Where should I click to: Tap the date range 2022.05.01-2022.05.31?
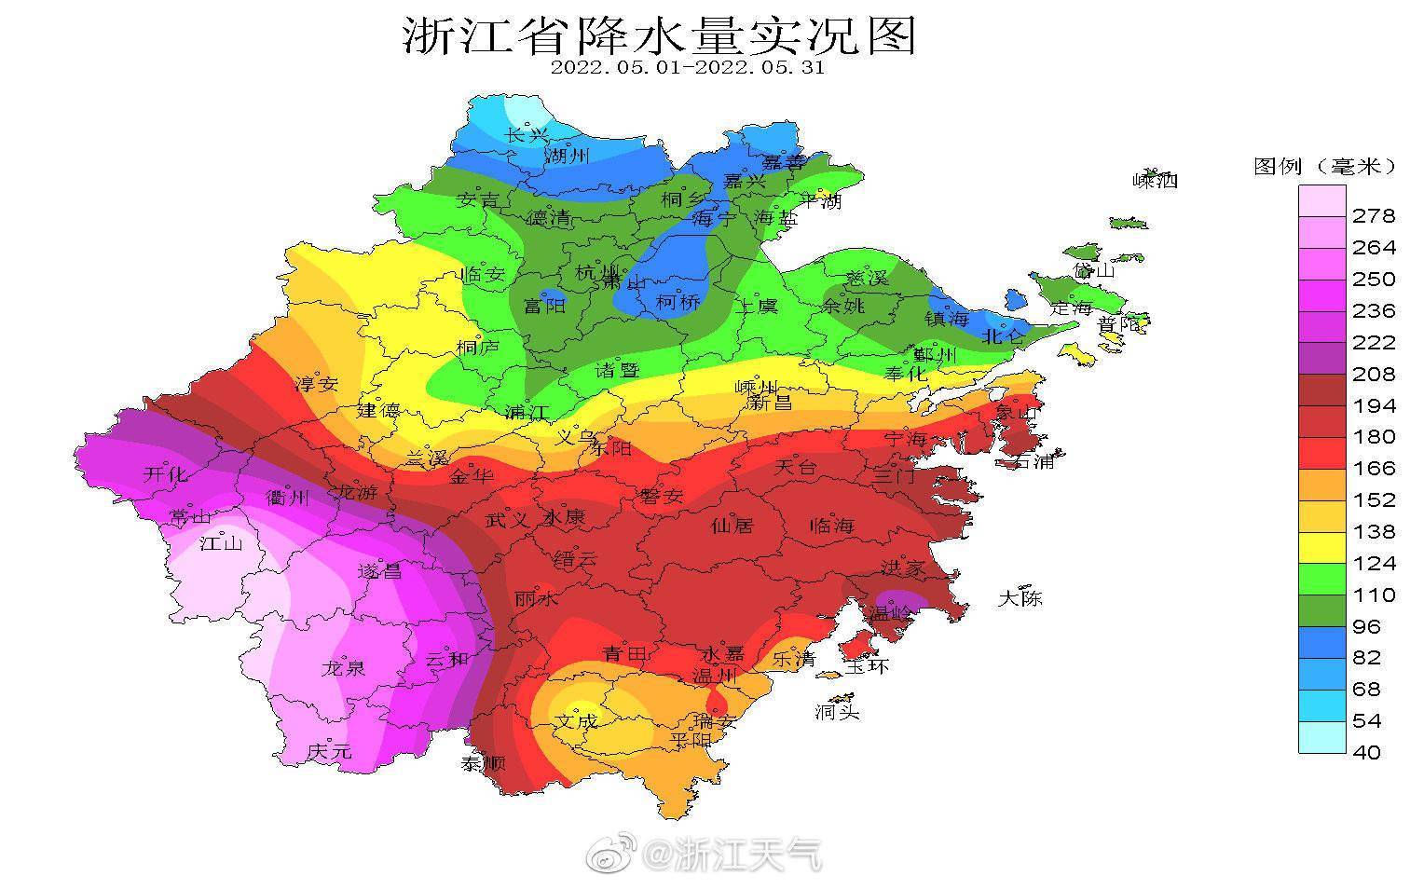pyautogui.click(x=687, y=68)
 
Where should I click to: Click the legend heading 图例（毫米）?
pyautogui.click(x=1323, y=166)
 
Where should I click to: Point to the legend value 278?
pyautogui.click(x=1374, y=216)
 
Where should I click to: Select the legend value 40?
pyautogui.click(x=1366, y=752)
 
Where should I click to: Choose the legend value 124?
pyautogui.click(x=1374, y=563)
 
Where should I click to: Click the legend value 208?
pyautogui.click(x=1374, y=375)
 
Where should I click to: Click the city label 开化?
pyautogui.click(x=165, y=474)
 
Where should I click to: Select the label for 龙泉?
pyautogui.click(x=344, y=668)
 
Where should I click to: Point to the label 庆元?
pyautogui.click(x=330, y=750)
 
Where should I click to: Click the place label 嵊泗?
pyautogui.click(x=1155, y=181)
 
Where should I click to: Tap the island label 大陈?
pyautogui.click(x=1020, y=598)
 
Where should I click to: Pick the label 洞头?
pyautogui.click(x=836, y=712)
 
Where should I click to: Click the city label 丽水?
pyautogui.click(x=537, y=599)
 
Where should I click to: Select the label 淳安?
pyautogui.click(x=317, y=384)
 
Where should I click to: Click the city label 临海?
pyautogui.click(x=832, y=526)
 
